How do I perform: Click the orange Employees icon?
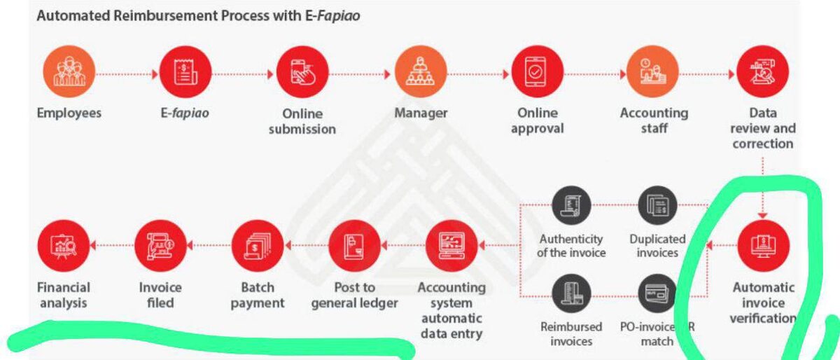[x=69, y=74]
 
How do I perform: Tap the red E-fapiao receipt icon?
[x=185, y=74]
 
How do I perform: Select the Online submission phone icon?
[x=302, y=74]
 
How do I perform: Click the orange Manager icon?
[x=420, y=74]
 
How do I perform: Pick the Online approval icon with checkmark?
[x=537, y=74]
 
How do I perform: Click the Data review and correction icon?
[x=762, y=74]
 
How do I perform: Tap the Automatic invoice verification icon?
[x=763, y=246]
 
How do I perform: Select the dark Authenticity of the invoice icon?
[x=571, y=206]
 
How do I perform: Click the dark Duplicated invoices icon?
[x=657, y=206]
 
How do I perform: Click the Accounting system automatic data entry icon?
[x=451, y=246]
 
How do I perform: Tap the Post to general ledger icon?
[x=354, y=246]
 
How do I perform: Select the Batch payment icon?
[x=257, y=246]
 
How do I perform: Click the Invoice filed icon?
[x=160, y=246]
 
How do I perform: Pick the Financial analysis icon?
[x=64, y=246]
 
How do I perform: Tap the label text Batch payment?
[x=257, y=295]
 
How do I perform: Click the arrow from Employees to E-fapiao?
[x=127, y=74]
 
